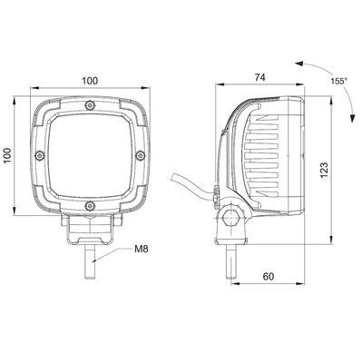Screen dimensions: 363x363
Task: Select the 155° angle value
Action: click(x=338, y=81)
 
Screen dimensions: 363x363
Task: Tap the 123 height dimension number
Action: click(x=324, y=170)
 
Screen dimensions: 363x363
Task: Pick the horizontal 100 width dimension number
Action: click(x=90, y=81)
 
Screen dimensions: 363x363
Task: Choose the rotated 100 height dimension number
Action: click(x=8, y=157)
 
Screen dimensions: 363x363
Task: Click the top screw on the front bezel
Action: click(x=88, y=108)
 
